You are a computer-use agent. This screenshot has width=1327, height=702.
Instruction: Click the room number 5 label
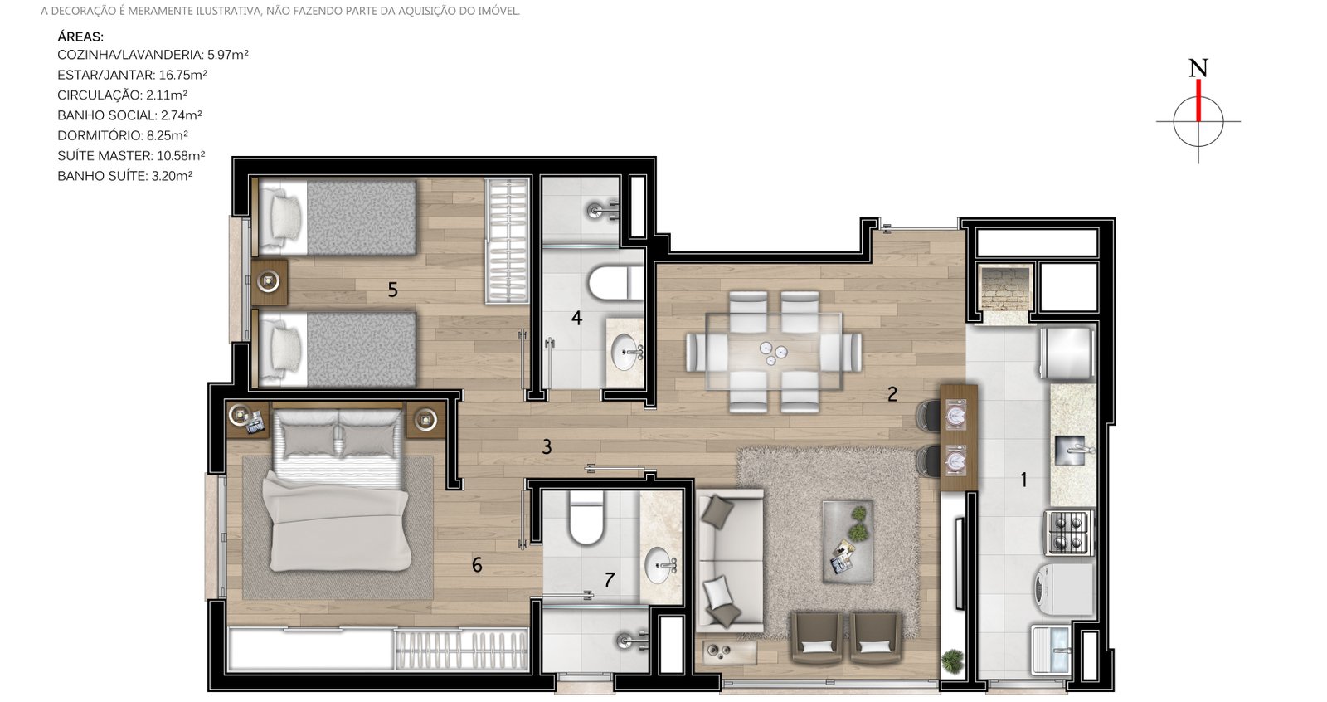click(x=392, y=290)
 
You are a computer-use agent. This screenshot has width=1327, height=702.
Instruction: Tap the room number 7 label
click(x=610, y=580)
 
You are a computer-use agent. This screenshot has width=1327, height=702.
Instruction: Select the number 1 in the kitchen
click(x=1023, y=479)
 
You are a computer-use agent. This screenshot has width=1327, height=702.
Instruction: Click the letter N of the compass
click(x=1198, y=68)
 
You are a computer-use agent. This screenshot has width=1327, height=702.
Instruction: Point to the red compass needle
click(x=1198, y=100)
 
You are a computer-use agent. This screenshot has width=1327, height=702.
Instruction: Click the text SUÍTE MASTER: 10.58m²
click(x=131, y=156)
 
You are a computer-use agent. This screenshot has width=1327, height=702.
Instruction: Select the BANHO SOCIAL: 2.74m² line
click(x=129, y=115)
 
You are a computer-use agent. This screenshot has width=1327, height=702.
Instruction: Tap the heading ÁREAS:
click(x=80, y=37)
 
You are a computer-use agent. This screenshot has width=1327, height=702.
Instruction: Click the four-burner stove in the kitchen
click(x=1069, y=533)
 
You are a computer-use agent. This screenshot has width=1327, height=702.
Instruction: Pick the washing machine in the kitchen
click(x=1064, y=589)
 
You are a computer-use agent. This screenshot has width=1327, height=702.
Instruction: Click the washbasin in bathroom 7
click(x=659, y=564)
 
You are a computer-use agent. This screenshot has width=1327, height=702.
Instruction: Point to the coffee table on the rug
click(x=848, y=541)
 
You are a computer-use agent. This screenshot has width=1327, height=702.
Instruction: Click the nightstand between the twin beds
click(x=269, y=281)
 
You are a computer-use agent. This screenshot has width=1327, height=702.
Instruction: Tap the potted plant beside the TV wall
click(x=953, y=661)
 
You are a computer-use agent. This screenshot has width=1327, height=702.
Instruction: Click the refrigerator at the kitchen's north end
click(x=1067, y=353)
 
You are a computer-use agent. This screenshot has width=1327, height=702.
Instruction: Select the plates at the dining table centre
click(x=773, y=352)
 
